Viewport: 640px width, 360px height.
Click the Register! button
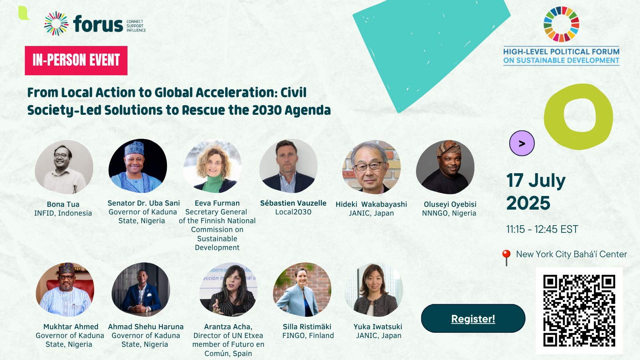tap(473, 318)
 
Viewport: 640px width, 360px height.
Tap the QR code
tap(579, 310)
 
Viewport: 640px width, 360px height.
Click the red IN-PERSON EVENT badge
tap(76, 60)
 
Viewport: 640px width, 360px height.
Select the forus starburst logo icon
tap(56, 24)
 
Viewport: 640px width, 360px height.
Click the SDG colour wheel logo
tap(562, 24)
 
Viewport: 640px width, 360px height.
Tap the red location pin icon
tap(506, 258)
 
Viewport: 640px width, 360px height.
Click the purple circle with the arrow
tap(522, 143)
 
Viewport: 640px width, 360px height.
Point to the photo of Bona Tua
tap(64, 167)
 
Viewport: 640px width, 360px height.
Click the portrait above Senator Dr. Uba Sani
tap(138, 166)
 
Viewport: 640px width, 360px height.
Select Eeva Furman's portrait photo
tap(212, 166)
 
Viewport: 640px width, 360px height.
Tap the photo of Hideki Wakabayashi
tap(372, 167)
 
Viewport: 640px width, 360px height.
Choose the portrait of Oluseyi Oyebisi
tap(445, 167)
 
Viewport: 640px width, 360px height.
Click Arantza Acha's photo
tap(228, 290)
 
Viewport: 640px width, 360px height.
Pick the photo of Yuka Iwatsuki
tap(374, 290)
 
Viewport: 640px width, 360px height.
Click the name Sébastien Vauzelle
tap(293, 203)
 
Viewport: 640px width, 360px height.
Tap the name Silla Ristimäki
tap(307, 326)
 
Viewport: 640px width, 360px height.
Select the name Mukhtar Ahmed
tap(71, 326)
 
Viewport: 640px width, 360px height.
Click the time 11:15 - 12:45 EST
tap(542, 229)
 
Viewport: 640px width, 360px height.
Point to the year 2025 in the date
tap(528, 203)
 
